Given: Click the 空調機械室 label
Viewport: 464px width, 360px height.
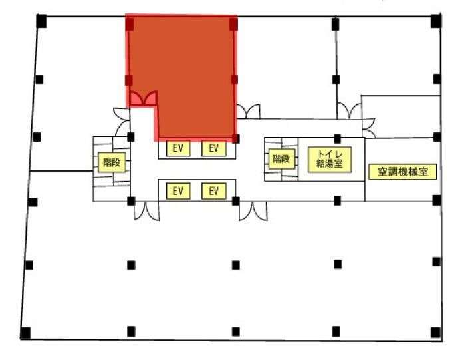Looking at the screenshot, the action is tap(402, 172).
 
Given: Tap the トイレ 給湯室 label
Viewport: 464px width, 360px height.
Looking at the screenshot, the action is tap(330, 160).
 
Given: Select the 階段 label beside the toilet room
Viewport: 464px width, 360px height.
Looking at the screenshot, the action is tap(281, 159).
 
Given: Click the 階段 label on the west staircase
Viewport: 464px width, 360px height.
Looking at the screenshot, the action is tap(112, 162).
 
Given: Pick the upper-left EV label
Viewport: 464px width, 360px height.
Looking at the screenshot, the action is tap(178, 148).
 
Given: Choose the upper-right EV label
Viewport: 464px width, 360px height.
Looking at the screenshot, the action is tap(213, 148).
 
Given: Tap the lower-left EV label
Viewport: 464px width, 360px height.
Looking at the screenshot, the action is tap(178, 191).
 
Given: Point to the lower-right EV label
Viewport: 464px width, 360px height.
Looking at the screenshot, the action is tap(213, 191).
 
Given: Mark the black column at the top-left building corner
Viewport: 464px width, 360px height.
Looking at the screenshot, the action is tap(41, 21).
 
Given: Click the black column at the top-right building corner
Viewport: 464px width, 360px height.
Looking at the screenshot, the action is tap(436, 21).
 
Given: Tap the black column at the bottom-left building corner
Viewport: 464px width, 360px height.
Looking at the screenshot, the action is tap(25, 333).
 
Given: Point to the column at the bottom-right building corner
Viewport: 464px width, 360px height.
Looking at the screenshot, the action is tap(435, 333).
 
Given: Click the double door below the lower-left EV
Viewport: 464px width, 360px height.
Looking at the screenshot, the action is tap(146, 211).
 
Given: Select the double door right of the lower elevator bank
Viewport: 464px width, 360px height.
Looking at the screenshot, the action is tap(253, 211).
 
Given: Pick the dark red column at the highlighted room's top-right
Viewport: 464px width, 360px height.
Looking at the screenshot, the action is tap(233, 24).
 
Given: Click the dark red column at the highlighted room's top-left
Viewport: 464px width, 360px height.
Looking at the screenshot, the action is tap(130, 24).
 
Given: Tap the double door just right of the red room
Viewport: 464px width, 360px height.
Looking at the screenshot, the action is tap(249, 112).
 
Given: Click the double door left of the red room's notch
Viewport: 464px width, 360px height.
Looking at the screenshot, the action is tap(122, 122).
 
